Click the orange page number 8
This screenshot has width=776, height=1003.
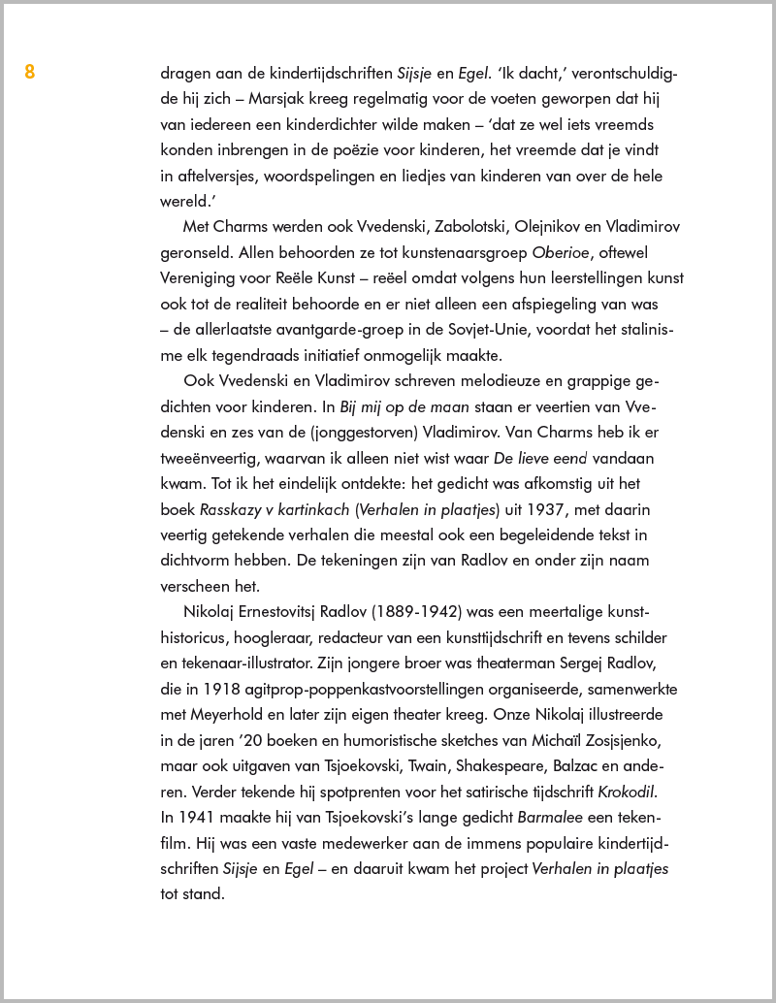[x=30, y=71]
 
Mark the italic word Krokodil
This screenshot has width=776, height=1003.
[x=634, y=792]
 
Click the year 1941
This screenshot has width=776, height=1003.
[x=198, y=818]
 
